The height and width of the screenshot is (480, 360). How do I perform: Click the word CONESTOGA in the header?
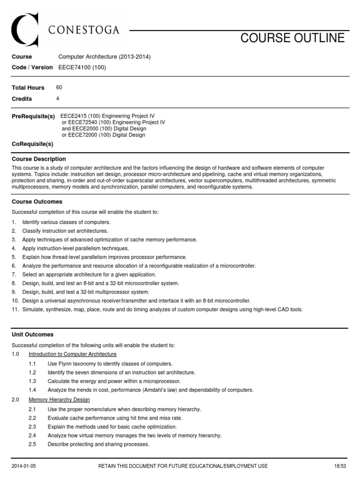point(84,31)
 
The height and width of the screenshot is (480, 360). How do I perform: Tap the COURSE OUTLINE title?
point(292,38)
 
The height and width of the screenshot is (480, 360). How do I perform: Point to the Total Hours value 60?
point(59,88)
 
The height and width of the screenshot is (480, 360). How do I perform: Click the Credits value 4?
point(58,99)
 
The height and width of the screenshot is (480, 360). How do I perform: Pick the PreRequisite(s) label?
point(33,116)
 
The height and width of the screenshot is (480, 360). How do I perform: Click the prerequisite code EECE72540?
point(78,122)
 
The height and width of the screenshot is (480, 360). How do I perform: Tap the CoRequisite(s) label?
point(32,144)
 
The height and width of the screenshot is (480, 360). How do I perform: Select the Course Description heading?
point(39,159)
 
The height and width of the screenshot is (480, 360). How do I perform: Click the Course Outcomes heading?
point(37,202)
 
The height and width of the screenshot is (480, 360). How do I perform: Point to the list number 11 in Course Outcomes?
point(15,309)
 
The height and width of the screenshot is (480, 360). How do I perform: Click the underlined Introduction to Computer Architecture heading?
point(73,354)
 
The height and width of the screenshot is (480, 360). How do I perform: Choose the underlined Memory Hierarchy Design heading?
point(59,400)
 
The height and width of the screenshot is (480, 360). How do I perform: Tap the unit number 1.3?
point(32,381)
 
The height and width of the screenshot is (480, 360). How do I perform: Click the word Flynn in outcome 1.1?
point(66,364)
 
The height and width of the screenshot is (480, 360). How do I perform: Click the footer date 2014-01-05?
point(23,466)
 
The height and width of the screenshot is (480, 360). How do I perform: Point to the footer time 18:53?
point(339,466)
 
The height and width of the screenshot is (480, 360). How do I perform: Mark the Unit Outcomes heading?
point(33,335)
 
